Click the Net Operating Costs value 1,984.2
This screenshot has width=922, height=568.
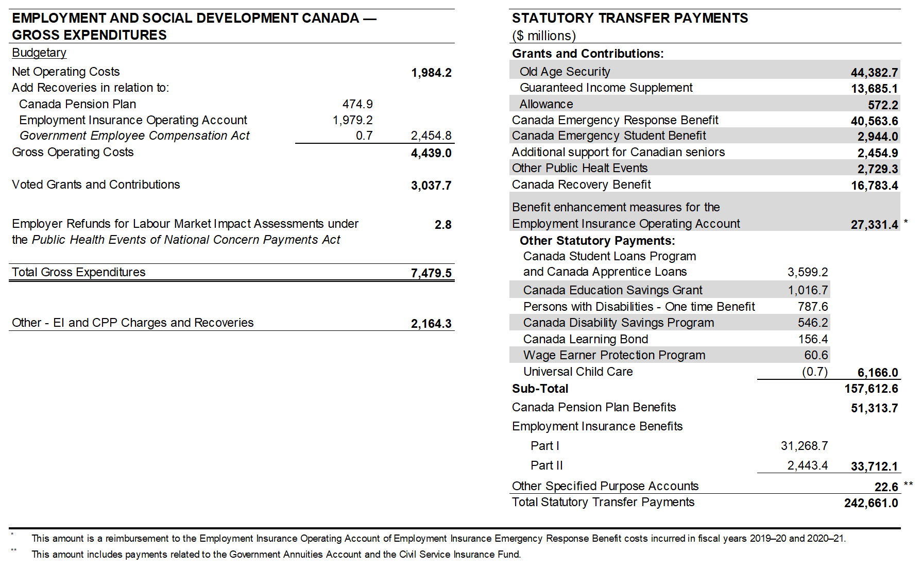coord(431,73)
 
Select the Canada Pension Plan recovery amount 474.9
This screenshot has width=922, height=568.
coord(357,104)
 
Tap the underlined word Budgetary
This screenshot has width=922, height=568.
coord(39,53)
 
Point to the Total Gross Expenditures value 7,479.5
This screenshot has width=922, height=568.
coord(431,273)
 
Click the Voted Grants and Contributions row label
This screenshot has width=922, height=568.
coord(96,185)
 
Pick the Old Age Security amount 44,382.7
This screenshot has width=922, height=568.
coord(874,73)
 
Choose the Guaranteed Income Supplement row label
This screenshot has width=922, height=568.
coord(606,88)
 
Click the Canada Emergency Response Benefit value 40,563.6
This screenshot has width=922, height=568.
coord(874,121)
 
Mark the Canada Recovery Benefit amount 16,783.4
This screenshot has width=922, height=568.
coord(874,186)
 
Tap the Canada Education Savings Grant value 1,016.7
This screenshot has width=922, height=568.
coord(808,290)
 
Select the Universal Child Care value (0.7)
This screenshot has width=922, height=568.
coord(814,372)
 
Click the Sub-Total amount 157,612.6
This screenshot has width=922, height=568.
coord(871,389)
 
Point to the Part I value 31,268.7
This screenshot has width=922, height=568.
coord(804,446)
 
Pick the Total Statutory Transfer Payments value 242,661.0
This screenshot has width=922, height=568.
coord(871,503)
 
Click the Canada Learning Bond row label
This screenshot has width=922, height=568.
coord(586,339)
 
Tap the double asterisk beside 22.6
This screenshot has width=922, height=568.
coord(908,485)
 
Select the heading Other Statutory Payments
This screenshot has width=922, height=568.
coord(597,241)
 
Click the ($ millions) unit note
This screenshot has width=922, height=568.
coord(543,36)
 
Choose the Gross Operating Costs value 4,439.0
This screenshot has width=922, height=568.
coord(431,153)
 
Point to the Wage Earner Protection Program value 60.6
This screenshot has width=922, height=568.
coord(816,355)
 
